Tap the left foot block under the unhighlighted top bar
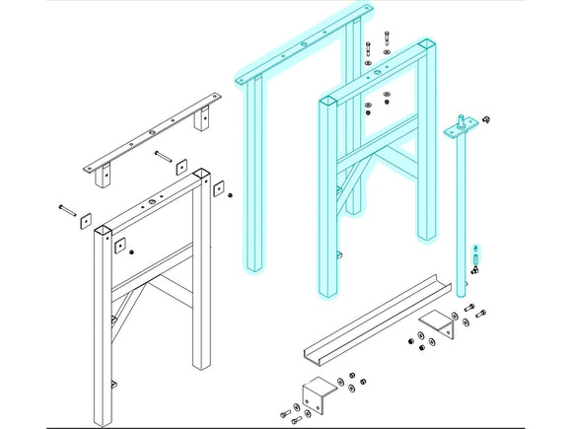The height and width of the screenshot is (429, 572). coord(101,178)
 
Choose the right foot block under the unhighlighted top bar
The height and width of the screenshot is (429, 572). coord(203,120)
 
